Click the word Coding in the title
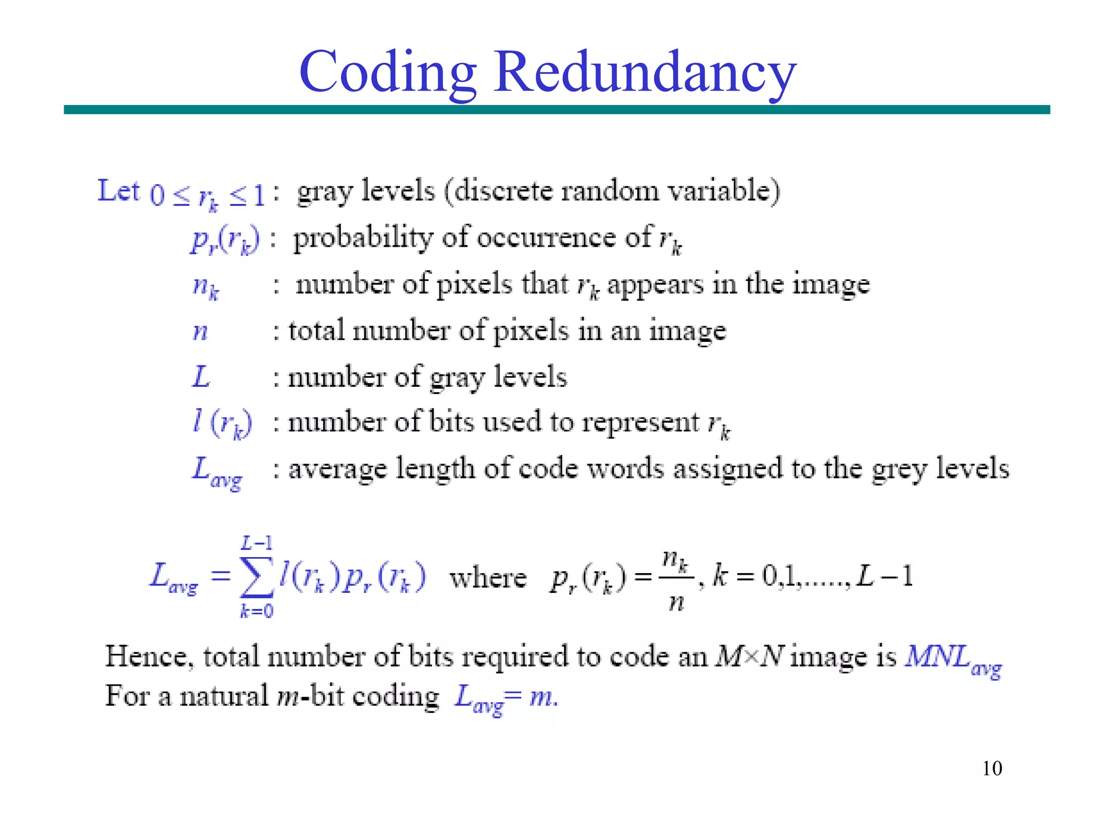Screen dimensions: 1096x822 tap(387, 72)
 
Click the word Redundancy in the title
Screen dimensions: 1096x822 tap(645, 72)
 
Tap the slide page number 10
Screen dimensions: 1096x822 tap(992, 768)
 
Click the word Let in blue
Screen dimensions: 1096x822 tap(118, 191)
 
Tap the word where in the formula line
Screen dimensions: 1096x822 tap(488, 578)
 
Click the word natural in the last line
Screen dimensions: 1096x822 tap(224, 696)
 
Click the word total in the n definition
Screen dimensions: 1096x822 tap(316, 330)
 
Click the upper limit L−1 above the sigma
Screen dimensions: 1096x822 tap(257, 544)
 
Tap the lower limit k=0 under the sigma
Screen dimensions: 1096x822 tap(257, 611)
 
